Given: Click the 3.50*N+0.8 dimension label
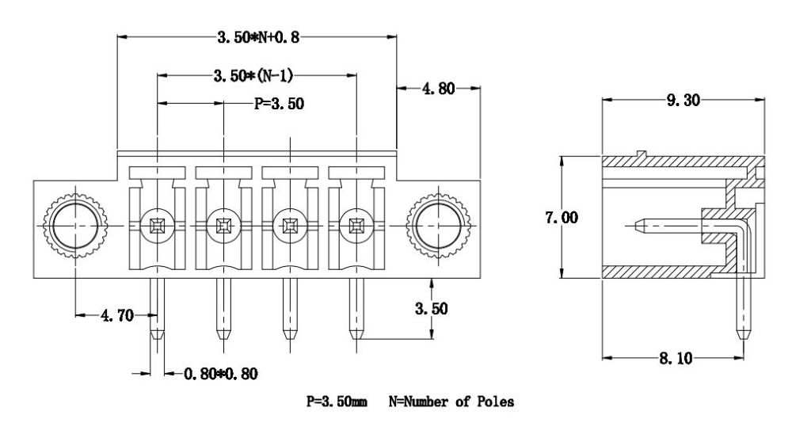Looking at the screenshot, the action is pyautogui.click(x=258, y=37).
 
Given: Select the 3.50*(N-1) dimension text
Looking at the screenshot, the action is pyautogui.click(x=253, y=76).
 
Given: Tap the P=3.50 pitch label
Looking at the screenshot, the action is pyautogui.click(x=279, y=104).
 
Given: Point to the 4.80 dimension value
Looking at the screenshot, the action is pyautogui.click(x=438, y=89).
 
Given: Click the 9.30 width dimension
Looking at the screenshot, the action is pyautogui.click(x=683, y=100).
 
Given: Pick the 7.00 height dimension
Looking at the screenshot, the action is pyautogui.click(x=562, y=217).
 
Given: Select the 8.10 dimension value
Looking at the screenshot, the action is pyautogui.click(x=676, y=358).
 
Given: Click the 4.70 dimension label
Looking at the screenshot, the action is pyautogui.click(x=117, y=316).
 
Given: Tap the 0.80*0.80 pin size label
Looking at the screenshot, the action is pyautogui.click(x=221, y=374).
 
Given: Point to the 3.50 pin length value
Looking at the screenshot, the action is pyautogui.click(x=432, y=308).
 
